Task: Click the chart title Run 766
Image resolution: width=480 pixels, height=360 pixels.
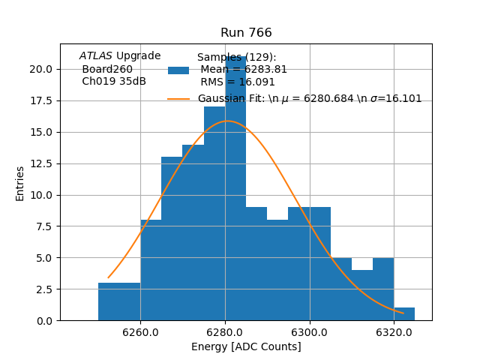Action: click(x=246, y=33)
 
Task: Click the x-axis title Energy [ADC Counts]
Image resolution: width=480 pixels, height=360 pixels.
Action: click(x=246, y=346)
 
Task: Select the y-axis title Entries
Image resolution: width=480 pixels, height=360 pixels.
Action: click(x=20, y=183)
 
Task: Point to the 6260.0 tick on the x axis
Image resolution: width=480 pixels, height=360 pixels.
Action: click(x=140, y=331)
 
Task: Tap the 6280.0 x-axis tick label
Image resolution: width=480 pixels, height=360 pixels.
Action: click(x=225, y=331)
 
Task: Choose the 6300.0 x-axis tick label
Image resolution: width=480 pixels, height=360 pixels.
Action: click(x=310, y=331)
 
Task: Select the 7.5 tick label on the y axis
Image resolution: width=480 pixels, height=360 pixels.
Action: click(x=43, y=226)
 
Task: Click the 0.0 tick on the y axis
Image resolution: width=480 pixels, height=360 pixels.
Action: click(x=43, y=321)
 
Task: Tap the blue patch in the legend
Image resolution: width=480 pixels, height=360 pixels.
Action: click(x=178, y=70)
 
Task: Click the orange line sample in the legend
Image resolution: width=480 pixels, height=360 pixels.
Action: click(x=178, y=99)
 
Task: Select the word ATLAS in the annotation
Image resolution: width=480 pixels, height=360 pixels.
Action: click(x=96, y=56)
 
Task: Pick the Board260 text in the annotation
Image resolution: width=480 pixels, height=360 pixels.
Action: click(x=107, y=69)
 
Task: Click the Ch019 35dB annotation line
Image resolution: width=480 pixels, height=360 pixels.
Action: click(x=114, y=82)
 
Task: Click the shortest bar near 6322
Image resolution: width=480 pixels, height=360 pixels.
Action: click(x=404, y=314)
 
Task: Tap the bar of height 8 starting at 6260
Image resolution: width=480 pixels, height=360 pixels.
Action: click(x=151, y=270)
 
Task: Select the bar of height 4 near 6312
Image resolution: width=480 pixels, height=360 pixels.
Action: click(x=362, y=295)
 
